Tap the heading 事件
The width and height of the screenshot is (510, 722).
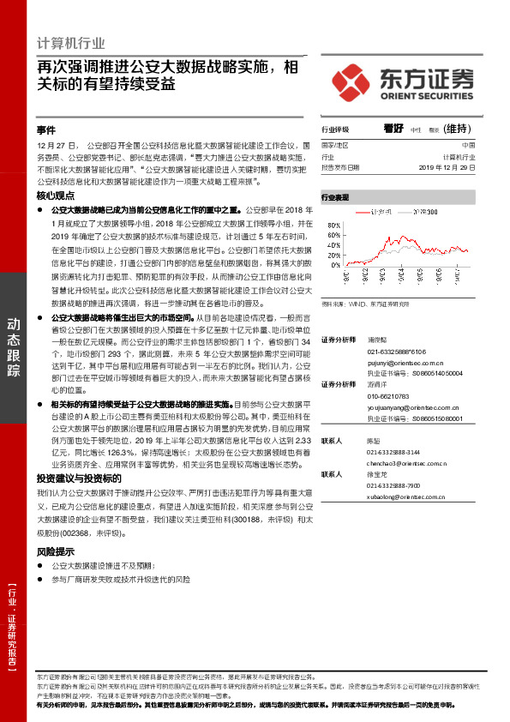pyautogui.click(x=45, y=130)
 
